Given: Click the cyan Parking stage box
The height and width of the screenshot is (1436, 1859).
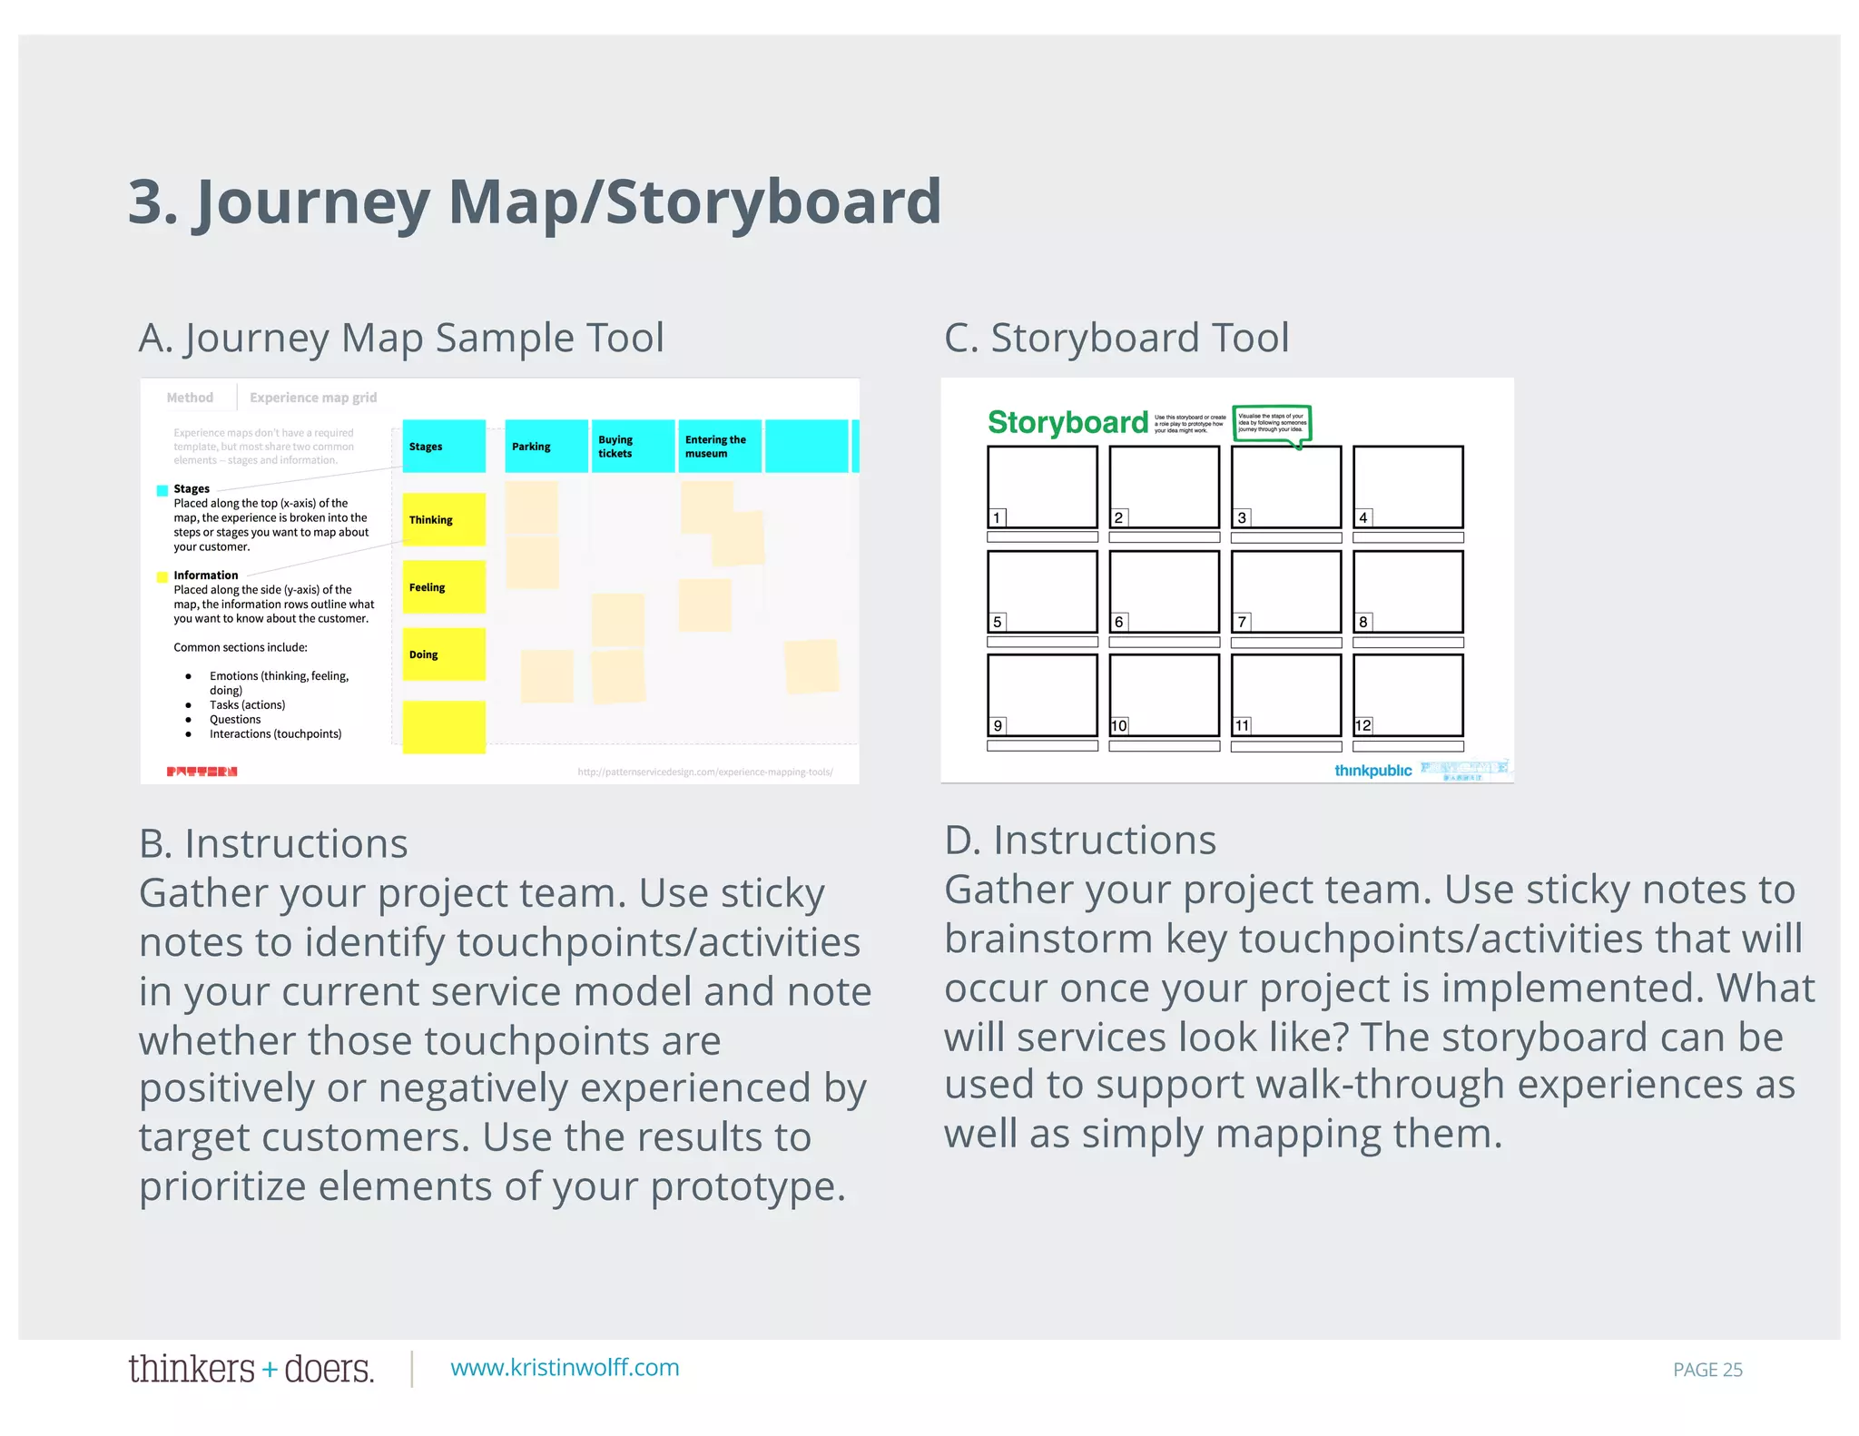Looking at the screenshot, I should point(546,446).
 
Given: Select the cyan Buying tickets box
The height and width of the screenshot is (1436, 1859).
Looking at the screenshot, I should point(633,446).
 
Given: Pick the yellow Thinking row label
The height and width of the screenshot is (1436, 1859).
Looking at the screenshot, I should point(444,519).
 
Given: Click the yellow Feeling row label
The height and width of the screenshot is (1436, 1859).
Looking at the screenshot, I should point(444,586).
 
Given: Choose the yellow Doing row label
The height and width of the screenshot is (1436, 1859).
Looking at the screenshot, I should point(444,654).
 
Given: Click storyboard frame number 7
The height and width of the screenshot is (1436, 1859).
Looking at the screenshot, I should point(1286,592).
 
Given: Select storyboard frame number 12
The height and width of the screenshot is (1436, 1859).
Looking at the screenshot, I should point(1408,695).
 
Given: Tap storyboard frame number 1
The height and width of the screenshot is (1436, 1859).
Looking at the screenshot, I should point(1042,487).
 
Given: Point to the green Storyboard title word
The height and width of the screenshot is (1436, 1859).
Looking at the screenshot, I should point(1067,422).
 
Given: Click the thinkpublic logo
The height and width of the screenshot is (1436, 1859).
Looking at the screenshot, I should point(1372,771).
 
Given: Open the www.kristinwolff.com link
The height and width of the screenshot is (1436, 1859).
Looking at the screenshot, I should point(565,1368).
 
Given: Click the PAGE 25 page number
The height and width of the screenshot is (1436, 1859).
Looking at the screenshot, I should point(1707,1370).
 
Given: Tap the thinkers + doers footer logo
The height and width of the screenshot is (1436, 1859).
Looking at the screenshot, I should point(251,1369).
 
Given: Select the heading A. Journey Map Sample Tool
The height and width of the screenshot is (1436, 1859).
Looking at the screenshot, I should point(401,338).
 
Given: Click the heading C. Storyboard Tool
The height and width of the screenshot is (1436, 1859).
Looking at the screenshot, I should point(1116,338).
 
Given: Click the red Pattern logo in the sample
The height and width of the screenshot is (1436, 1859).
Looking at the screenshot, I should point(202,772).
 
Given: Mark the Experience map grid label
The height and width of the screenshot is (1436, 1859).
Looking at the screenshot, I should point(313,398).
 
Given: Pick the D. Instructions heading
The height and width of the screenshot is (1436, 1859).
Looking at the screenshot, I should point(1080,840).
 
